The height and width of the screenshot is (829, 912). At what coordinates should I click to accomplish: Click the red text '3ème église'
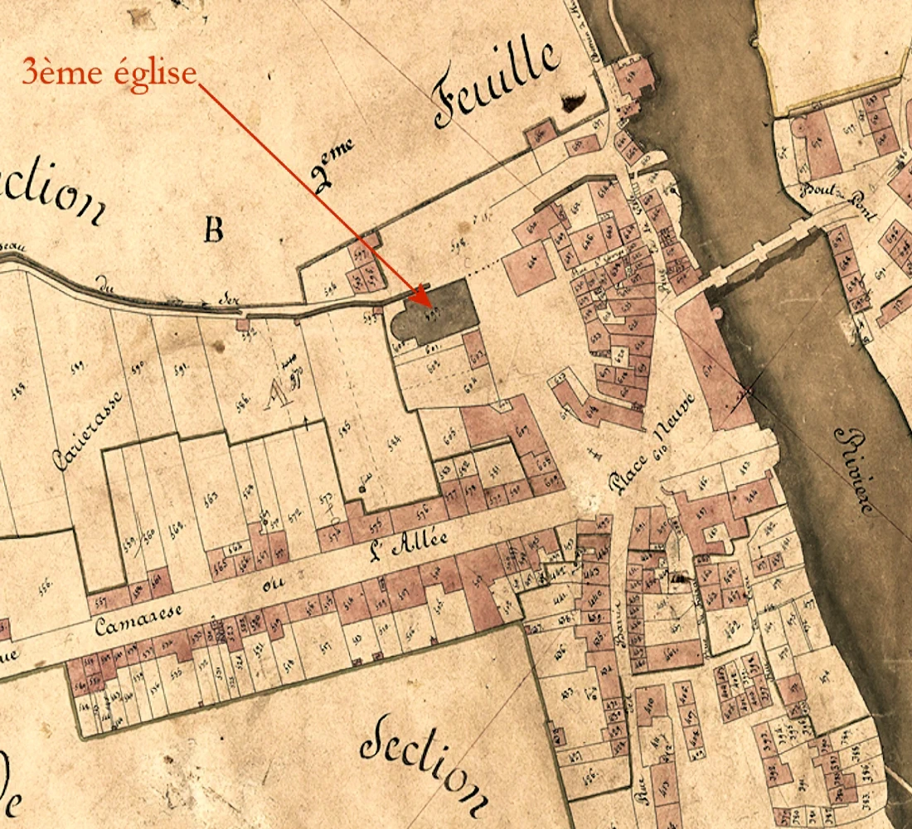(x=109, y=73)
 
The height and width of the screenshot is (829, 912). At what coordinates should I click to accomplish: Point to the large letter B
(x=214, y=230)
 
